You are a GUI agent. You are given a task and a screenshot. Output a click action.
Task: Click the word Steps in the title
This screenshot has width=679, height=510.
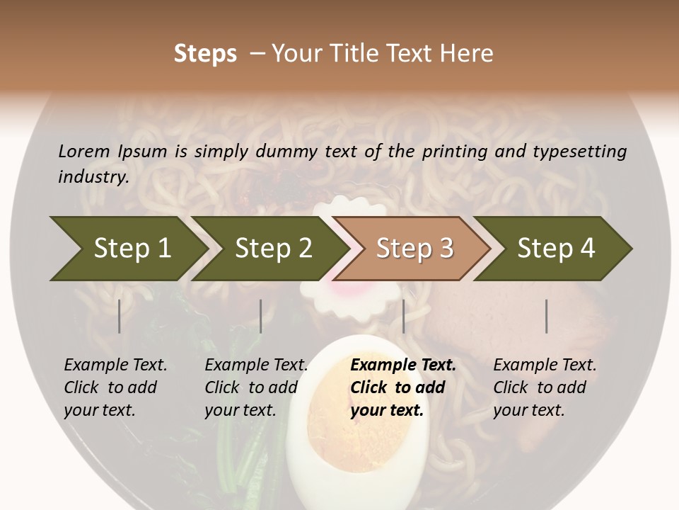pyautogui.click(x=205, y=54)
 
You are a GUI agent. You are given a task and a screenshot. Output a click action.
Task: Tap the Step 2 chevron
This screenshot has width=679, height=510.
pyautogui.click(x=273, y=248)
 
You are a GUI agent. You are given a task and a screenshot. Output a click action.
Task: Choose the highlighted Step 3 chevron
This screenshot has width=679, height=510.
pyautogui.click(x=414, y=248)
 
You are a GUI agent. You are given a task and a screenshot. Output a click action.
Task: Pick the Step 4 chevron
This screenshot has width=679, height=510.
pyautogui.click(x=556, y=248)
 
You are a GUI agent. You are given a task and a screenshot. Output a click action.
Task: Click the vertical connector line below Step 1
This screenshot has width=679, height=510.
pyautogui.click(x=120, y=316)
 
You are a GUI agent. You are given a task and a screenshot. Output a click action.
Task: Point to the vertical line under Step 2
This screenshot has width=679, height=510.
pyautogui.click(x=261, y=316)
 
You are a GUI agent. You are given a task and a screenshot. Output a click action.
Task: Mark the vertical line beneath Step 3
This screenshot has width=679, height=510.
pyautogui.click(x=403, y=316)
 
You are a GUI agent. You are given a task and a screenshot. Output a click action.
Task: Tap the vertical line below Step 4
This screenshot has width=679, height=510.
pyautogui.click(x=546, y=316)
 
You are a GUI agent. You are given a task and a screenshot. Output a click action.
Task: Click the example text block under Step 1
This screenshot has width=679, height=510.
pyautogui.click(x=115, y=387)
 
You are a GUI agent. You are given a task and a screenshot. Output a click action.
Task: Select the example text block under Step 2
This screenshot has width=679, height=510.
pyautogui.click(x=256, y=387)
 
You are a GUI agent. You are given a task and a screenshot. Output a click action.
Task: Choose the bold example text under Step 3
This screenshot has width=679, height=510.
pyautogui.click(x=403, y=387)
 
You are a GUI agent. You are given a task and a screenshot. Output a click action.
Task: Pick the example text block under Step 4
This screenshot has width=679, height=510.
pyautogui.click(x=545, y=387)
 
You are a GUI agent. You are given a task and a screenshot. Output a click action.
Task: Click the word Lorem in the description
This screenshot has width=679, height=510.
pyautogui.click(x=84, y=151)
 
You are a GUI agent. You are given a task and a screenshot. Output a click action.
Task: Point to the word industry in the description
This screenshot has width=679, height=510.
pyautogui.click(x=93, y=177)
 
